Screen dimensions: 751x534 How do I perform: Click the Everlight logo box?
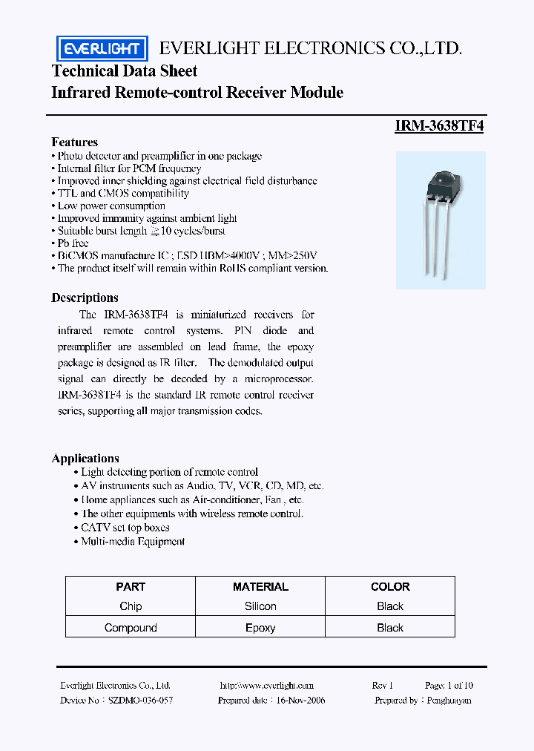pos(102,49)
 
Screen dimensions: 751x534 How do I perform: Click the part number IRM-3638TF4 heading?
pos(439,126)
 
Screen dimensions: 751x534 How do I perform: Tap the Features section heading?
pos(74,142)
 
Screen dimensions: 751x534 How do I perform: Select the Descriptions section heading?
pos(85,298)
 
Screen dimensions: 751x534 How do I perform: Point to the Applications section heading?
pos(85,458)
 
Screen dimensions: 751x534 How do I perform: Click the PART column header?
pos(131,586)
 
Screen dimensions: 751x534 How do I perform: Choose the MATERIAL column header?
pos(260,586)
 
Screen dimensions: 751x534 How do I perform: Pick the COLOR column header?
pos(390,586)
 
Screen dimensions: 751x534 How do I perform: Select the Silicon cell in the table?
pos(260,606)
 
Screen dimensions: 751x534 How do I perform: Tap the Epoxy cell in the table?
pos(260,628)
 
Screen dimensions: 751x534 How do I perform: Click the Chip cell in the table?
pos(131,606)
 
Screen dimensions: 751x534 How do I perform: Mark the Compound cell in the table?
pos(131,628)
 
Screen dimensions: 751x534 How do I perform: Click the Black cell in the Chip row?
pos(390,606)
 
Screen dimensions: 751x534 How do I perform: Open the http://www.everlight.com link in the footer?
pos(267,686)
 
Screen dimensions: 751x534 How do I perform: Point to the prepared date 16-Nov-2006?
pos(271,700)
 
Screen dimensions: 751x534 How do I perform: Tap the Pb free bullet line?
pos(73,243)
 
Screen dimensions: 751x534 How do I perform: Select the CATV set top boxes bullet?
pos(125,528)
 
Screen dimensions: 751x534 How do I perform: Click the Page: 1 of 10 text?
pos(449,686)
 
